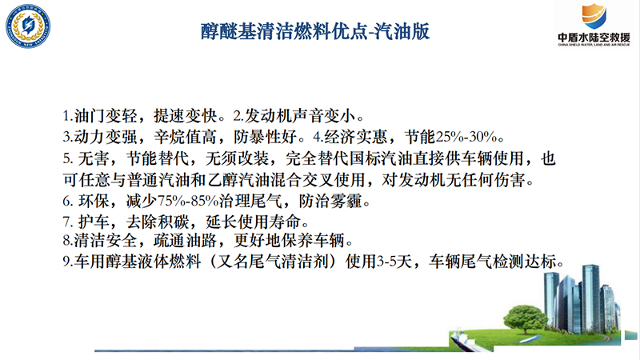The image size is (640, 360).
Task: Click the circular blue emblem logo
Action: coord(28,26)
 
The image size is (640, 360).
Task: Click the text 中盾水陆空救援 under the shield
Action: coord(594,38)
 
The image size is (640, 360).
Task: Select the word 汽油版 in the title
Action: coord(402,31)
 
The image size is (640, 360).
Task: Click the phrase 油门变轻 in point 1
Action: coord(106,116)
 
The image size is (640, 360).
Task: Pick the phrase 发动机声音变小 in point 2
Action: coord(300,116)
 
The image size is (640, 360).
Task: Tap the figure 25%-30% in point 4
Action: coord(466,137)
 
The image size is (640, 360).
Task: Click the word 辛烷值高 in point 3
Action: coord(186,137)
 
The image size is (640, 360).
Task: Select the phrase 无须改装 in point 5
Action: coord(237,158)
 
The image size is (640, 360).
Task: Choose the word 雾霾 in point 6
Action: coord(346,201)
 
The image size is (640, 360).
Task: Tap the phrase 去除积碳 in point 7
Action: coord(158,222)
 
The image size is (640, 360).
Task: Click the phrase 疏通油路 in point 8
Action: coord(185,241)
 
